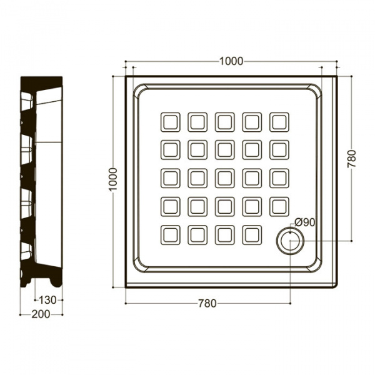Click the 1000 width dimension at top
231,61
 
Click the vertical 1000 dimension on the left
113,179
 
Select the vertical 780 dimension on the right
351,159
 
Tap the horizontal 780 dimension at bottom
207,304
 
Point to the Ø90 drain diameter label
304,222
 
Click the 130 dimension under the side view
48,300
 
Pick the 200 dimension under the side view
41,314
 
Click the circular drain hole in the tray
290,241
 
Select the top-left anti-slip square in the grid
170,122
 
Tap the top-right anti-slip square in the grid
279,122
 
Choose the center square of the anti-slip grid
225,178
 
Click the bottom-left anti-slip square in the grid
170,235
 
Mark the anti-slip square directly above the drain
279,207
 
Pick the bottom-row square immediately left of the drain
252,235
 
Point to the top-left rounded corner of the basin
141,91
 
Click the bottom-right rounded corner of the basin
314,265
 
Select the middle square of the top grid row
225,122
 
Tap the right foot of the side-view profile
56,282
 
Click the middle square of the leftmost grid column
170,178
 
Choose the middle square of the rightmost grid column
279,178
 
